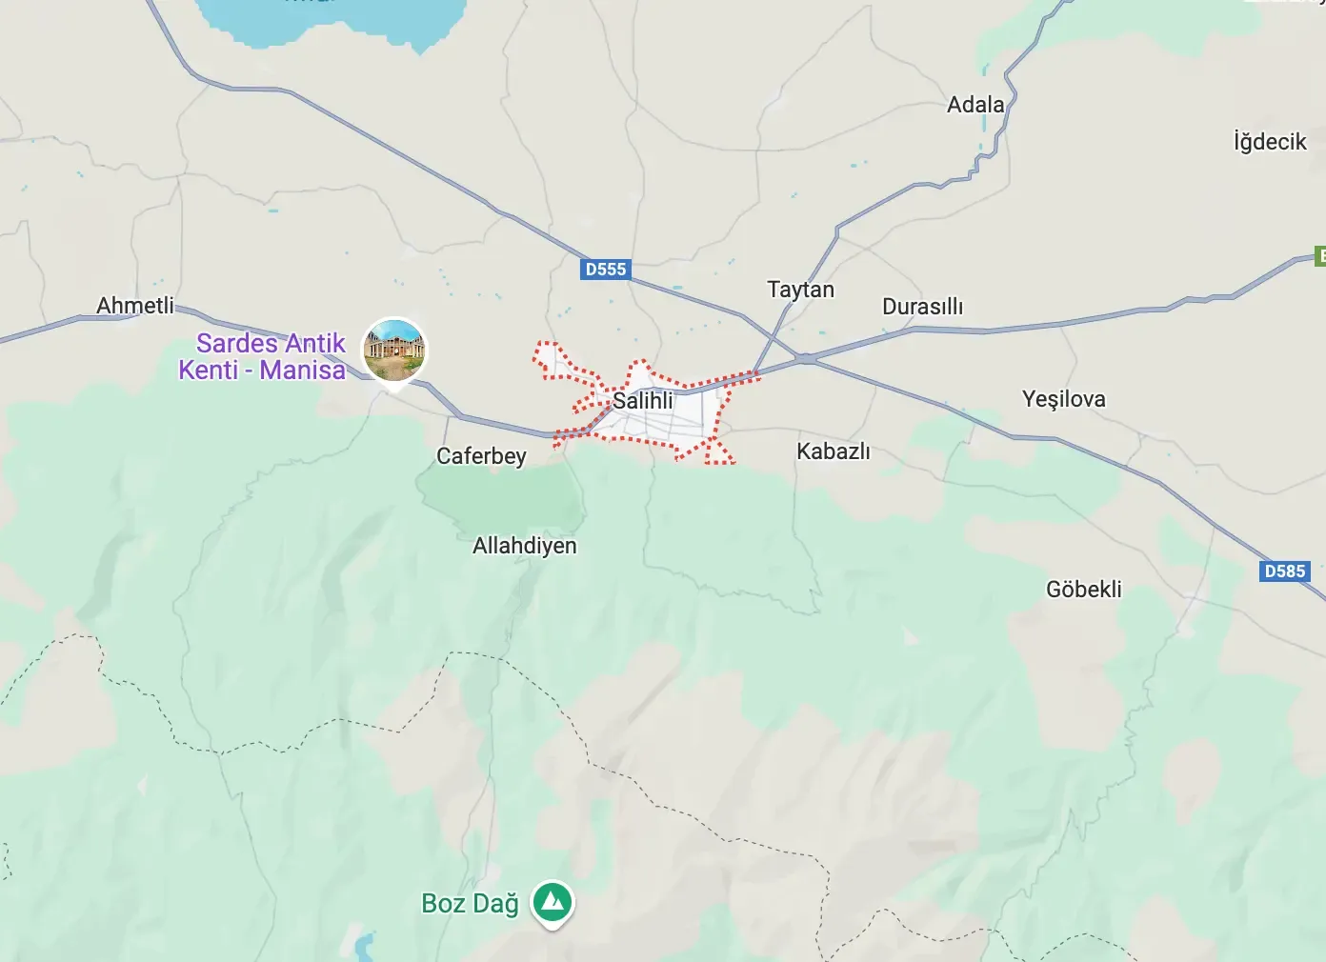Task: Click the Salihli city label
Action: [x=642, y=401]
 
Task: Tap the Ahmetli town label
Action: [x=135, y=306]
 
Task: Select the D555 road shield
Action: [x=605, y=270]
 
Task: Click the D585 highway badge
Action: [x=1284, y=571]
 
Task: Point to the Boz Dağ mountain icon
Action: [x=552, y=901]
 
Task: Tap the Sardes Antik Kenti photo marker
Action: [x=394, y=350]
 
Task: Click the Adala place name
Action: [x=975, y=105]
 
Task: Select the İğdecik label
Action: [x=1270, y=142]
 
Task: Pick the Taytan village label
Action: [x=800, y=290]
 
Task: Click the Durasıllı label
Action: [x=922, y=307]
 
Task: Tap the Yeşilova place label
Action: [x=1063, y=399]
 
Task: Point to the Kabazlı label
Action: [x=834, y=451]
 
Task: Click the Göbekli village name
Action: [x=1083, y=590]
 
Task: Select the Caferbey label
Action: [x=481, y=456]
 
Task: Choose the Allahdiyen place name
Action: [x=524, y=546]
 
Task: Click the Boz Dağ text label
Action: [x=470, y=903]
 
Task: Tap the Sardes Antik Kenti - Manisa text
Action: [x=262, y=356]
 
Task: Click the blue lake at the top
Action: [x=333, y=19]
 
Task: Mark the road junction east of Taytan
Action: [x=807, y=359]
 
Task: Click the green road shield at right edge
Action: [x=1319, y=255]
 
